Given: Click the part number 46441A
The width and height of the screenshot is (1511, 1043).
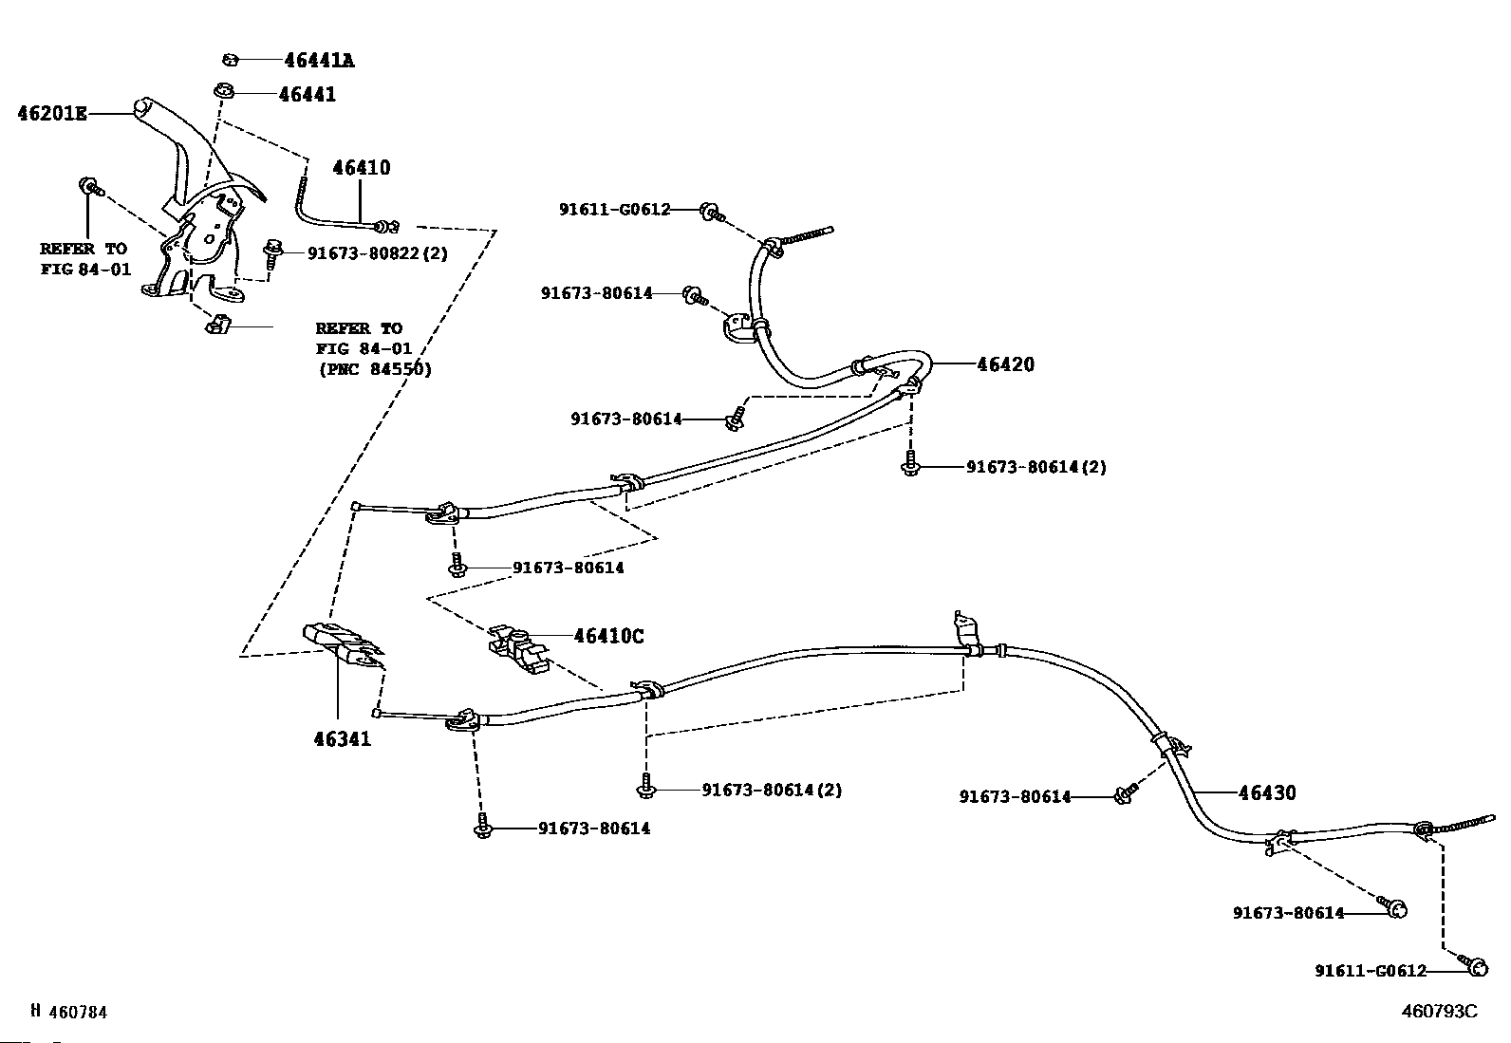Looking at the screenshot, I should pyautogui.click(x=319, y=61).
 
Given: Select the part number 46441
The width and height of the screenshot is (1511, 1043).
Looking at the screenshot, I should pyautogui.click(x=307, y=95).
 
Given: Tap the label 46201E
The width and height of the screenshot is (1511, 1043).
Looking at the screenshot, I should pyautogui.click(x=52, y=114).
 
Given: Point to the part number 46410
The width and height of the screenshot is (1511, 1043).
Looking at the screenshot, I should pyautogui.click(x=361, y=168).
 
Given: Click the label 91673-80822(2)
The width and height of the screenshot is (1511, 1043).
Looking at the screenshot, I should pyautogui.click(x=377, y=253).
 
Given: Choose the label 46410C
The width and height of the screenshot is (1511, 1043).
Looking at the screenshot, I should pyautogui.click(x=608, y=636).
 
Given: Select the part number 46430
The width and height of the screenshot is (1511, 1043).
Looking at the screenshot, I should pyautogui.click(x=1267, y=792).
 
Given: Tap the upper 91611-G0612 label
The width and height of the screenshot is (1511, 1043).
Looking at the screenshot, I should pyautogui.click(x=614, y=209).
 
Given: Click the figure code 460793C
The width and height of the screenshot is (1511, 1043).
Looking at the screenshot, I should pyautogui.click(x=1440, y=1011).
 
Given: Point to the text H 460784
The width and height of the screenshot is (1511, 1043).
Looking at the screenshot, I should pyautogui.click(x=68, y=1012).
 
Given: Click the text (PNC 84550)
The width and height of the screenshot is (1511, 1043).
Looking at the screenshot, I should pyautogui.click(x=374, y=369).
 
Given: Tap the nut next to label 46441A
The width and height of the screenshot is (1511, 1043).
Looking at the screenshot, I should pyautogui.click(x=230, y=61).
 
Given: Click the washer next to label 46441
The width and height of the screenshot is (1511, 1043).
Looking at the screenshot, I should pyautogui.click(x=224, y=92).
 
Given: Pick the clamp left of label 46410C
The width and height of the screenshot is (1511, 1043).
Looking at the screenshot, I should pyautogui.click(x=516, y=647).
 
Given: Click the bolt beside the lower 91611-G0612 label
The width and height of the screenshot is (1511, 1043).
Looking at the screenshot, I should pyautogui.click(x=1475, y=966).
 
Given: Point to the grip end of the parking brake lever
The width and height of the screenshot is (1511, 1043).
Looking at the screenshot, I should pyautogui.click(x=144, y=107).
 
